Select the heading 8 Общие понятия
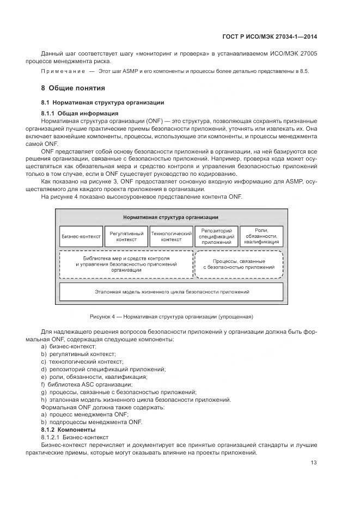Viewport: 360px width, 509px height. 74,88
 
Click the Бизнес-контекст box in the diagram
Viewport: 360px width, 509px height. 81,236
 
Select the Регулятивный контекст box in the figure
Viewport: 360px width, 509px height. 126,236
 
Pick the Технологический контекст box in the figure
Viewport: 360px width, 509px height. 172,236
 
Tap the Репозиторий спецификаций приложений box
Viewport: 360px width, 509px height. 216,236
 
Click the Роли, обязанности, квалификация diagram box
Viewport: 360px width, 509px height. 261,236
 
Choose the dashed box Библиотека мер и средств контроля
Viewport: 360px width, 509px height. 126,263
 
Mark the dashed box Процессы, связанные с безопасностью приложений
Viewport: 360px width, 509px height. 239,264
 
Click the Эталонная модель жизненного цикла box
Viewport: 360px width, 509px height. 172,292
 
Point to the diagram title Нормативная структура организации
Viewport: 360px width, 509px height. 171,217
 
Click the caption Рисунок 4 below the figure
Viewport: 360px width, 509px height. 171,316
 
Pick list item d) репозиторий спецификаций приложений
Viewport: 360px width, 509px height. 103,369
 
